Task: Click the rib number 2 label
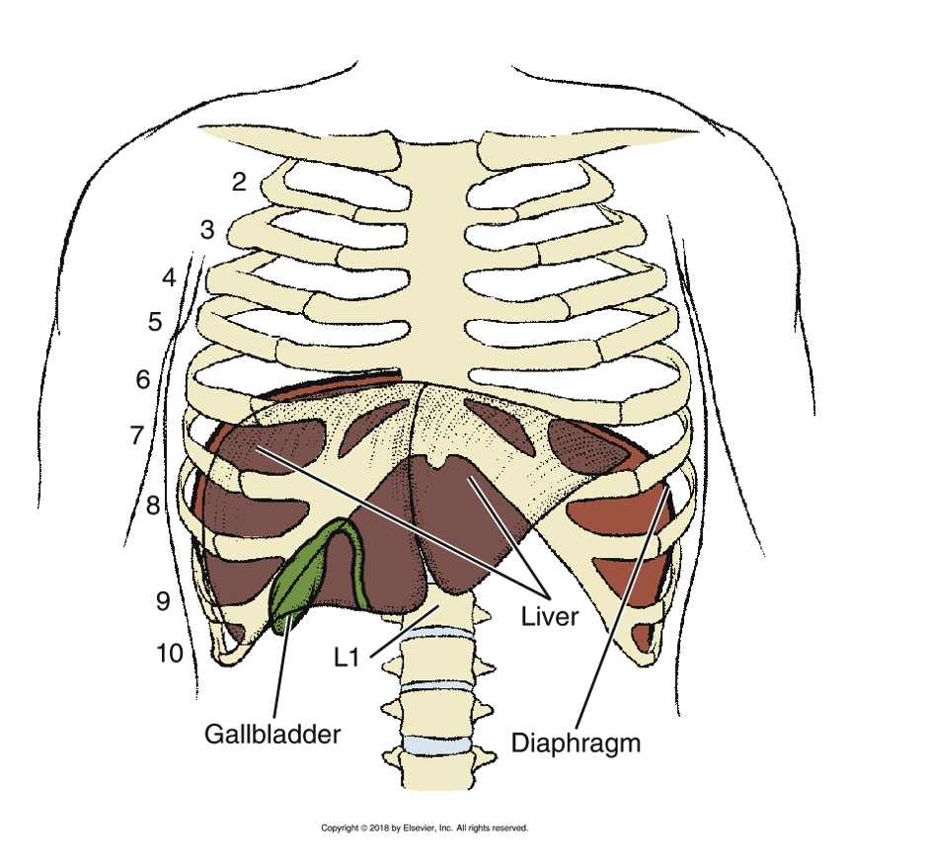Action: point(238,182)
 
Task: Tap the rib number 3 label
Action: point(207,231)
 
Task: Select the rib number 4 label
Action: point(169,277)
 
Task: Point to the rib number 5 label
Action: point(155,322)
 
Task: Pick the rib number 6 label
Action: point(143,379)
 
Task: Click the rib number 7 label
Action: point(137,434)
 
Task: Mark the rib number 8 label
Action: point(153,507)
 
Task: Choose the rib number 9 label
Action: point(163,601)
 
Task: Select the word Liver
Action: point(548,617)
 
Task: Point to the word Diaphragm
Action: point(576,742)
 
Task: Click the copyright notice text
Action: point(424,828)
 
